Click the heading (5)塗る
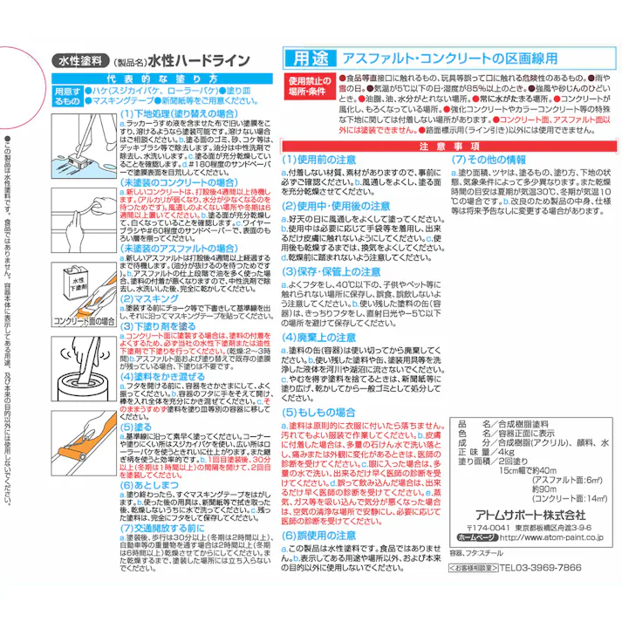137,427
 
